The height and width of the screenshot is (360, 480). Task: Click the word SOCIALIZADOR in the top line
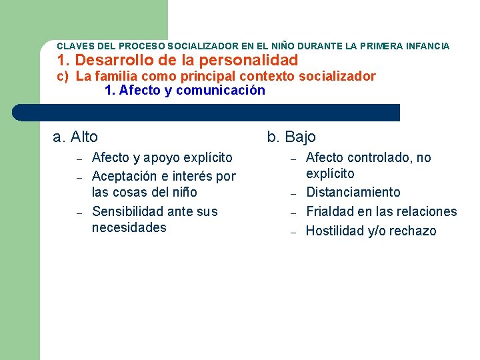pyautogui.click(x=201, y=47)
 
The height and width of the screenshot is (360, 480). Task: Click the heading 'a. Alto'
pyautogui.click(x=75, y=137)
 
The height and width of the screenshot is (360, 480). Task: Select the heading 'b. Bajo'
pyautogui.click(x=291, y=137)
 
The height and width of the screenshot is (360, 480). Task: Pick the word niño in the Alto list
pyautogui.click(x=183, y=193)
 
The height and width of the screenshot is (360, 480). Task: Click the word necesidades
pyautogui.click(x=129, y=228)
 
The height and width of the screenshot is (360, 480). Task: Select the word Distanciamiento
pyautogui.click(x=353, y=193)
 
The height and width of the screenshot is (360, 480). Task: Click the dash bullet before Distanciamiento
pyautogui.click(x=292, y=194)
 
